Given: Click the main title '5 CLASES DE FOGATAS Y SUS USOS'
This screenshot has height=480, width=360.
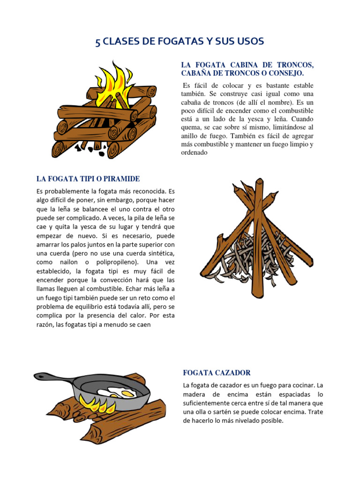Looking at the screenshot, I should [180, 42].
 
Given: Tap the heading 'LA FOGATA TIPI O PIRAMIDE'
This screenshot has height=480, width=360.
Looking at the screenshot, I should [88, 179].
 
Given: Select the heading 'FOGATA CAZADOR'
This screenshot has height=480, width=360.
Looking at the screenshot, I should [217, 373].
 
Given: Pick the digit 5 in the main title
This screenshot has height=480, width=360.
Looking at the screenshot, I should [97, 42].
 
